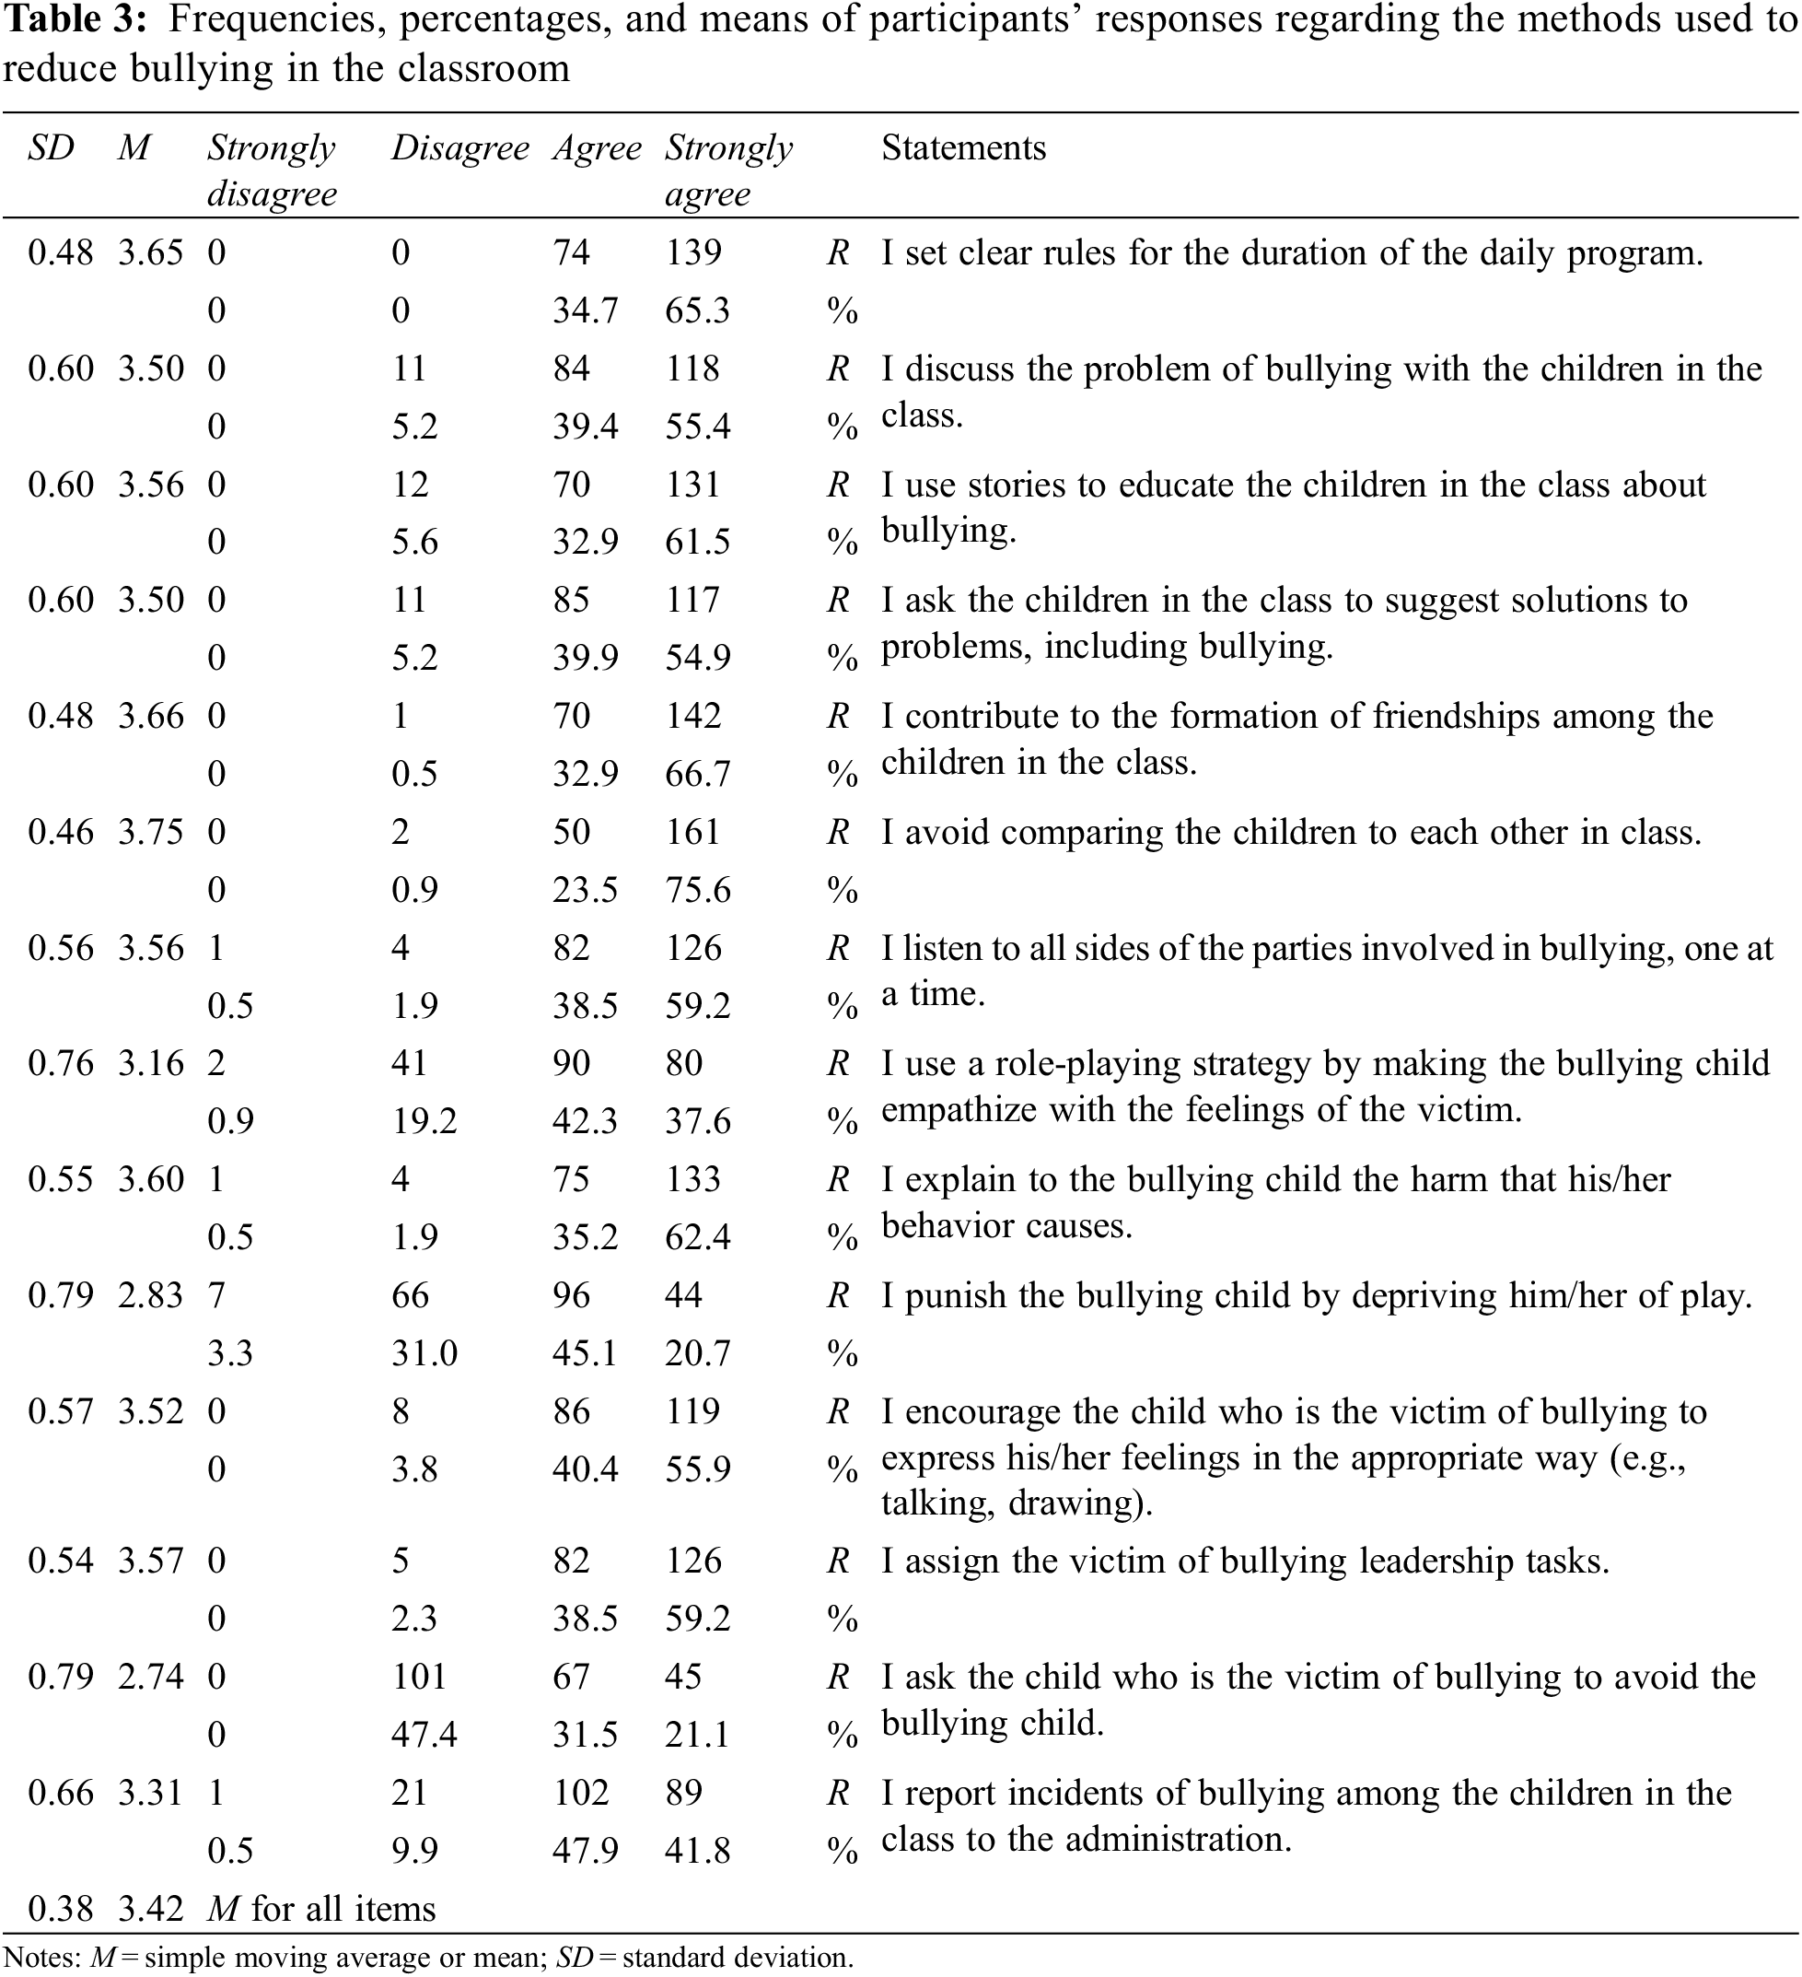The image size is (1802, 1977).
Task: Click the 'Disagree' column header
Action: coord(459,148)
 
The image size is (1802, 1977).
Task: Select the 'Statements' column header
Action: coord(963,148)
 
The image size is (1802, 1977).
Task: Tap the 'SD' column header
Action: coord(50,148)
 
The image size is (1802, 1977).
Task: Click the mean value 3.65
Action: coord(150,253)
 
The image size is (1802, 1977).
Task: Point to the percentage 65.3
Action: coord(697,310)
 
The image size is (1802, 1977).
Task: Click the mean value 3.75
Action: coord(150,833)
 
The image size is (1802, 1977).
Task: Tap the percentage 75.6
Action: coord(697,891)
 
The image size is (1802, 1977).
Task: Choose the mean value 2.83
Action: coord(150,1295)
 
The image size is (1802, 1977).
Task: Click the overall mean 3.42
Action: coord(150,1908)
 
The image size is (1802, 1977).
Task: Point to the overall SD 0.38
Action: coord(61,1908)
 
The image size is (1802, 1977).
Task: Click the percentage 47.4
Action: coord(424,1735)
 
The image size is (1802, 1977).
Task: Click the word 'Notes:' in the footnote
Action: coord(42,1958)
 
